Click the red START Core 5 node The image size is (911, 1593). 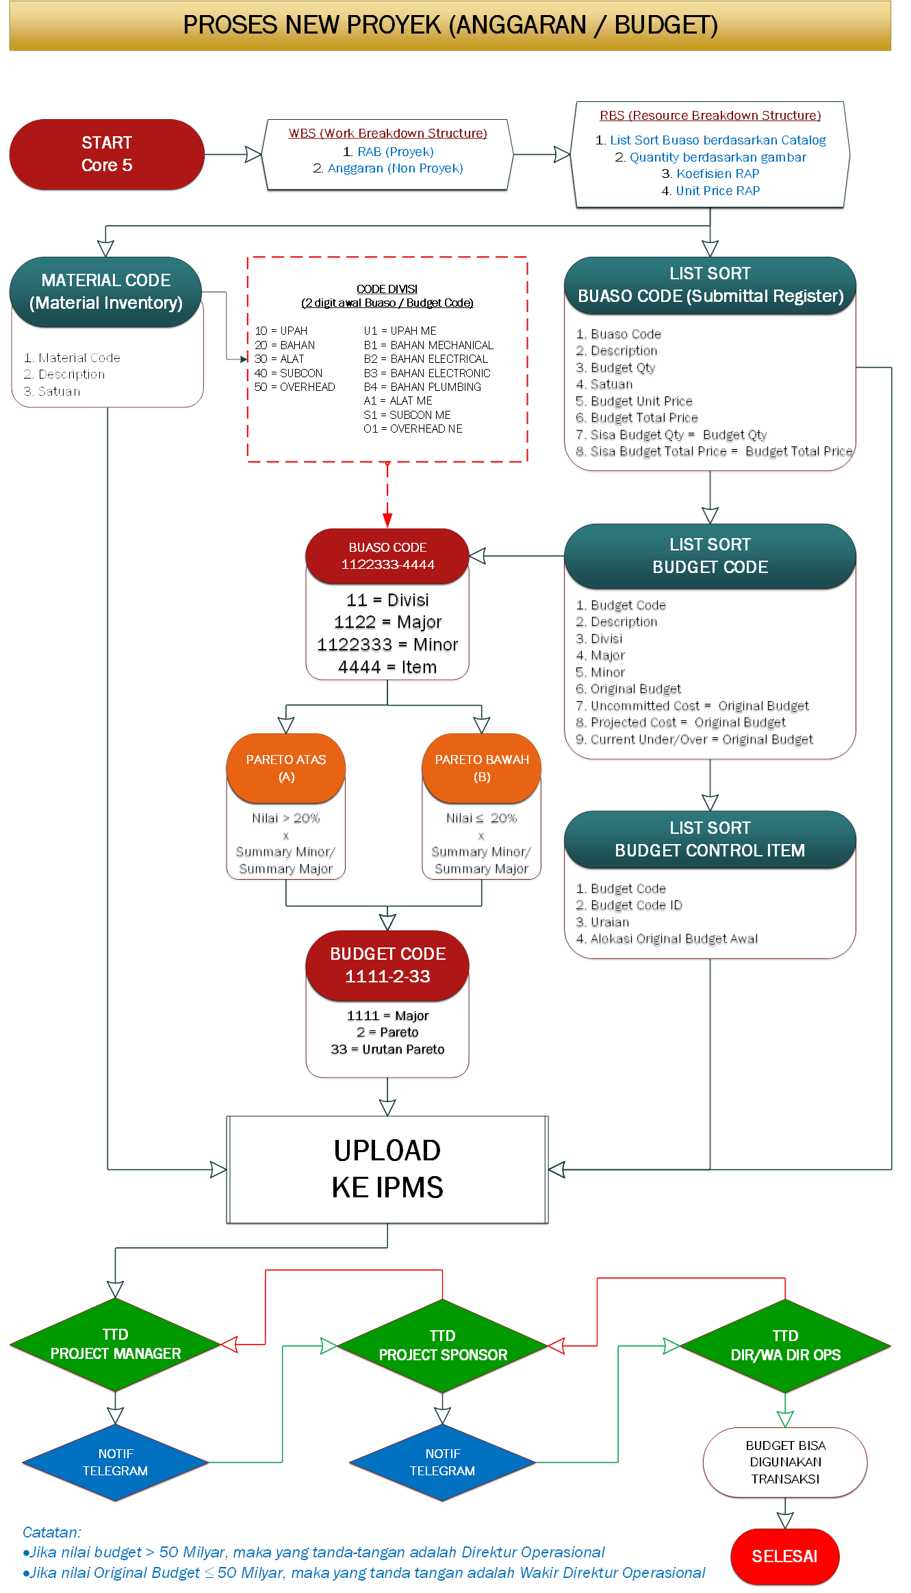(107, 154)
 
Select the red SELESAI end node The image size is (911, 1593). (784, 1556)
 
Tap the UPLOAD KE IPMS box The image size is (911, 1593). (387, 1169)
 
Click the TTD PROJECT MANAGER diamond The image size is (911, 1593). (115, 1345)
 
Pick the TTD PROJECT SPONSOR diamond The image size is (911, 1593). (443, 1346)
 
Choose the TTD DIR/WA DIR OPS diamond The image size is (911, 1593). (785, 1346)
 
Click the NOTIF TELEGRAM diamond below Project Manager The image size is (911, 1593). (115, 1462)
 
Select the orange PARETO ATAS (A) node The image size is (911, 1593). (286, 768)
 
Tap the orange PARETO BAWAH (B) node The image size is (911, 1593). (482, 768)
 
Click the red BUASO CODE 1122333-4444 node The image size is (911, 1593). (387, 556)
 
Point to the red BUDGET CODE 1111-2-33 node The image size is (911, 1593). (387, 965)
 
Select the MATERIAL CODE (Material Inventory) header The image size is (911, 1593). (106, 292)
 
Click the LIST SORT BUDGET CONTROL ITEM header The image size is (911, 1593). (710, 839)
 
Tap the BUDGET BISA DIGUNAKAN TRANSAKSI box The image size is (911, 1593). (785, 1462)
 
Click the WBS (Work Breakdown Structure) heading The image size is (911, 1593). (387, 133)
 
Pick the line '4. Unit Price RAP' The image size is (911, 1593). (710, 191)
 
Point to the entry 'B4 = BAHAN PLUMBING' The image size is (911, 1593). (422, 387)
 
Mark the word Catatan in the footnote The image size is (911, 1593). (51, 1532)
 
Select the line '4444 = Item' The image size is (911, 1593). (387, 667)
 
